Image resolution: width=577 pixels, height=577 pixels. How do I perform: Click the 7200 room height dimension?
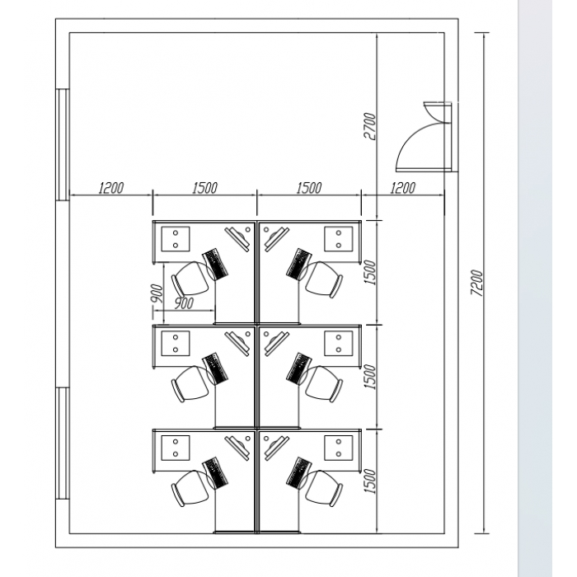click(x=477, y=283)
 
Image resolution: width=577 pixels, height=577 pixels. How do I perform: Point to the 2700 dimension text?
click(x=370, y=127)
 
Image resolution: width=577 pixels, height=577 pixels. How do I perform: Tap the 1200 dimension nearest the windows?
click(x=111, y=188)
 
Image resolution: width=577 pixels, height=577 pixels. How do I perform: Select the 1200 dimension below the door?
click(x=403, y=188)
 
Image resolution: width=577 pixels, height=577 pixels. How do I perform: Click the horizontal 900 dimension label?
click(x=183, y=303)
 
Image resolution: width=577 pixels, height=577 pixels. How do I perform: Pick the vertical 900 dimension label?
click(x=157, y=293)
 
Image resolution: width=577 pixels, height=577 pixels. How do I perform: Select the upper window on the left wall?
click(x=63, y=144)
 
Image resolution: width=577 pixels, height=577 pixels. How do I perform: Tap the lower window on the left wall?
click(x=63, y=443)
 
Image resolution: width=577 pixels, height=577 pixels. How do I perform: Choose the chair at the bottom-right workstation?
click(x=324, y=488)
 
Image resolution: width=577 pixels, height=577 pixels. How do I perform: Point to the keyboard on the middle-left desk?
click(x=216, y=369)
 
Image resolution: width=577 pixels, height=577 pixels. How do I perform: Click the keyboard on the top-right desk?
click(x=299, y=265)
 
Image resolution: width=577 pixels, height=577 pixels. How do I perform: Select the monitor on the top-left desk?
click(x=238, y=239)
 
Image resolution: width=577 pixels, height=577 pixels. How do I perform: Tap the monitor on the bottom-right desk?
click(x=275, y=448)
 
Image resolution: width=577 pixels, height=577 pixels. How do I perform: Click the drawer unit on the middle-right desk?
click(x=338, y=344)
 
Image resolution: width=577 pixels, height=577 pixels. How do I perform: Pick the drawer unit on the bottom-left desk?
click(x=176, y=448)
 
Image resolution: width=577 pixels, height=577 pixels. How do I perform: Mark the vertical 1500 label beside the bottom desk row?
click(x=370, y=481)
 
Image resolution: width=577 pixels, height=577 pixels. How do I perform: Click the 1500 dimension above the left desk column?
click(x=205, y=188)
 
